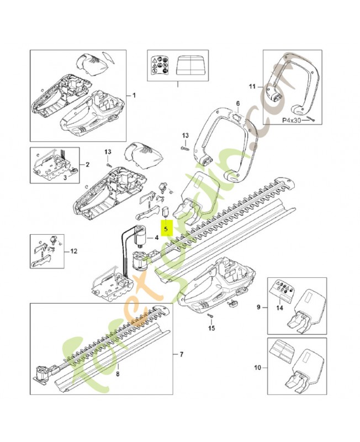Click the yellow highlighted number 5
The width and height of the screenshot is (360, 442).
click(x=166, y=225)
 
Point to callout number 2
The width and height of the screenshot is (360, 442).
click(x=87, y=165)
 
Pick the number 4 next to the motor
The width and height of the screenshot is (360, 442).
click(x=157, y=238)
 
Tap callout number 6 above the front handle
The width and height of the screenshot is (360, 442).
click(x=238, y=103)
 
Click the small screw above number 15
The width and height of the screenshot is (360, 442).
click(x=211, y=315)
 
